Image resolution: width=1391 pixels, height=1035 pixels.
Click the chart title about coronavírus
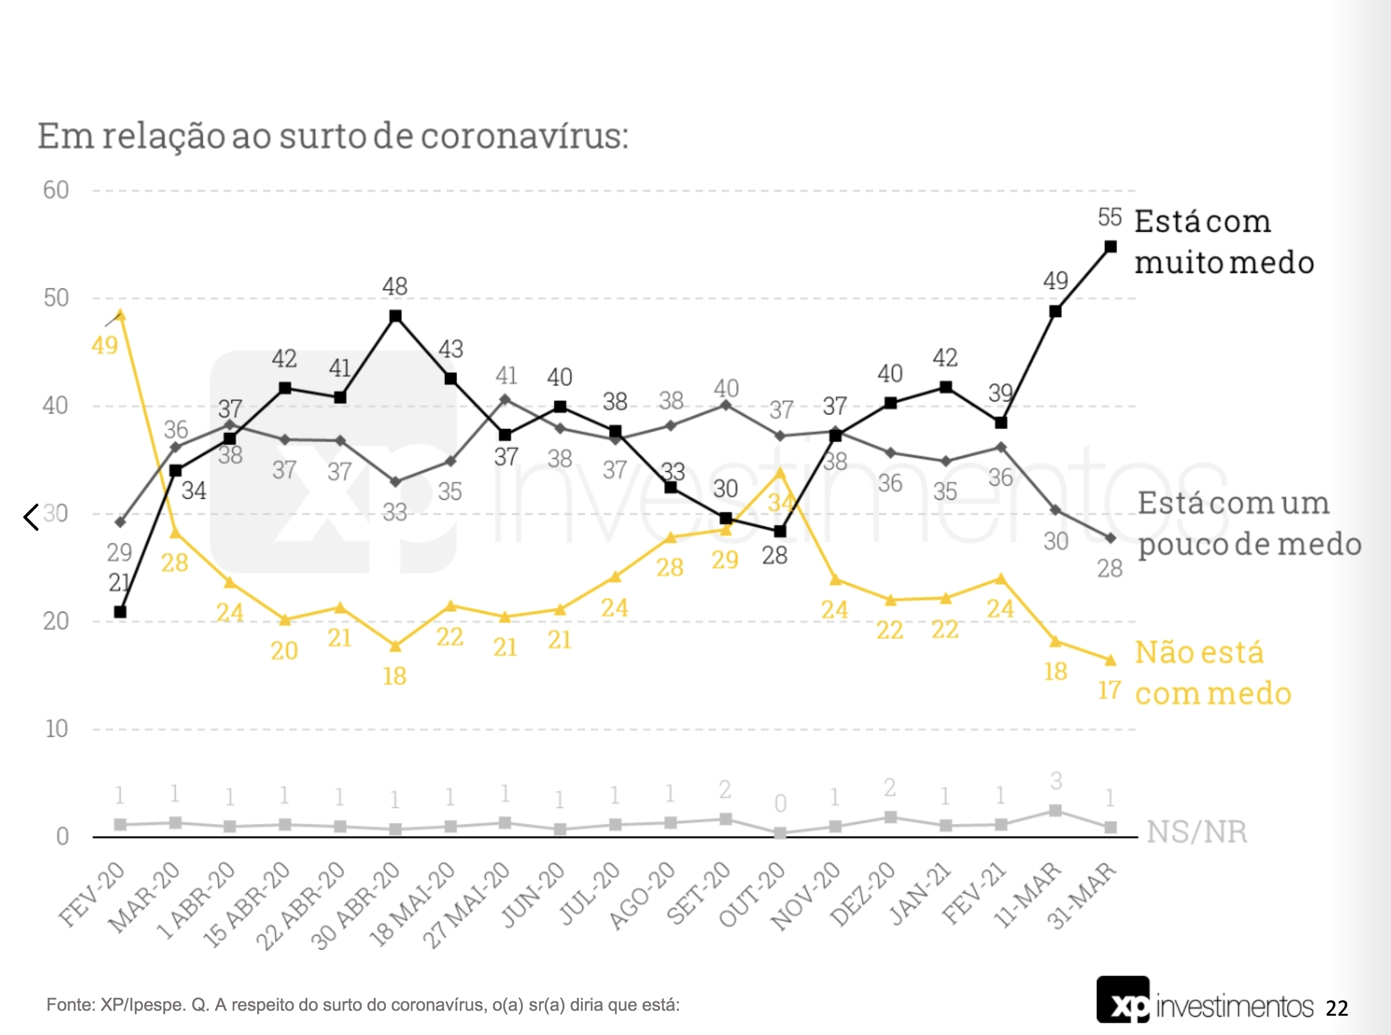[333, 136]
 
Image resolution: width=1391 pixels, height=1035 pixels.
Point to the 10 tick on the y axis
[56, 729]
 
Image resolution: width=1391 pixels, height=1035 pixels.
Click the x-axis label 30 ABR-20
[356, 905]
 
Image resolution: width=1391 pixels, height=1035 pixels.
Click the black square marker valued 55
[1111, 247]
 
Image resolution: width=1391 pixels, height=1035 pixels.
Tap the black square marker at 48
[395, 316]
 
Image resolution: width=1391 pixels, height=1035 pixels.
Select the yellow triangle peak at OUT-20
[780, 472]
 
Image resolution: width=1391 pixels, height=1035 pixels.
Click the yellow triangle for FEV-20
[121, 315]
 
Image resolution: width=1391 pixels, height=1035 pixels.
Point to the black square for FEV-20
[120, 612]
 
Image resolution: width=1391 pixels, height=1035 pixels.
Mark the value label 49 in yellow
[105, 345]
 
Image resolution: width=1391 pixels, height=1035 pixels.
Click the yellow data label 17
[1109, 691]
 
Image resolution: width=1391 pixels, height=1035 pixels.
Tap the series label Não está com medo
[1212, 673]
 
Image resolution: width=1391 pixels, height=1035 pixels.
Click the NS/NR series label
[1196, 832]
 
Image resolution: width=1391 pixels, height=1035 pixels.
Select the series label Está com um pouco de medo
[1249, 523]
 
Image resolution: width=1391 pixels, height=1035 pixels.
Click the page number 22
[1336, 1008]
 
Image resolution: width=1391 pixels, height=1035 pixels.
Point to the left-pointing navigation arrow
[31, 517]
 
